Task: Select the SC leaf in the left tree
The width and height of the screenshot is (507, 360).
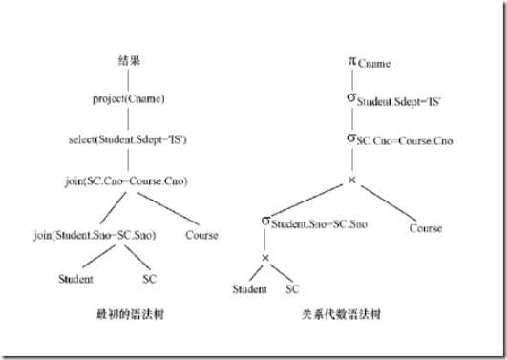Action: pos(148,279)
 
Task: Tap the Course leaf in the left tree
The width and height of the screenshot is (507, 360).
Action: pos(201,234)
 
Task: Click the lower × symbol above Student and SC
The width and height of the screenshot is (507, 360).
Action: pos(264,258)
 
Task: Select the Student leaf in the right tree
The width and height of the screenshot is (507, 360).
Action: pos(249,287)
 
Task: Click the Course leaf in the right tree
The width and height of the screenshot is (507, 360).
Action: pos(425,228)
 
